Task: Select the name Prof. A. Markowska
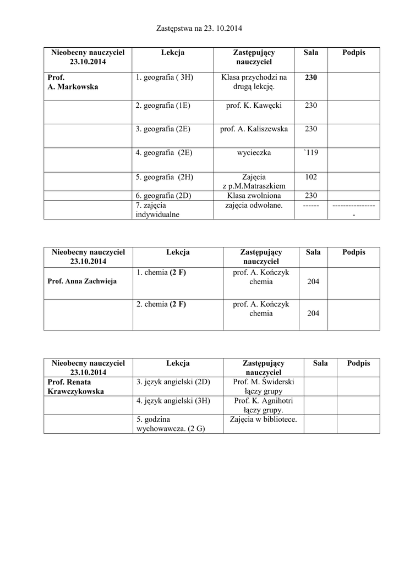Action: [72, 82]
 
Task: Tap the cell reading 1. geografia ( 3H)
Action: [164, 78]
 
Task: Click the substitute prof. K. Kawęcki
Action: [254, 105]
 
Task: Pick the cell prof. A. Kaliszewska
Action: [254, 129]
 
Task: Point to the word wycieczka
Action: [254, 152]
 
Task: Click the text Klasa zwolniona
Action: [254, 195]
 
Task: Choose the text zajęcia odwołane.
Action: [254, 205]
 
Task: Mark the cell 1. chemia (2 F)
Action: [161, 272]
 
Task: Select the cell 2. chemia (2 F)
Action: [161, 304]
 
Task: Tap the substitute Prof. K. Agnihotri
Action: [263, 401]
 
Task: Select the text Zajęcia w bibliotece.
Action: [263, 420]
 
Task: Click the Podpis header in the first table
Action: [353, 53]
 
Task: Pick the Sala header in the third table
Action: [320, 363]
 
